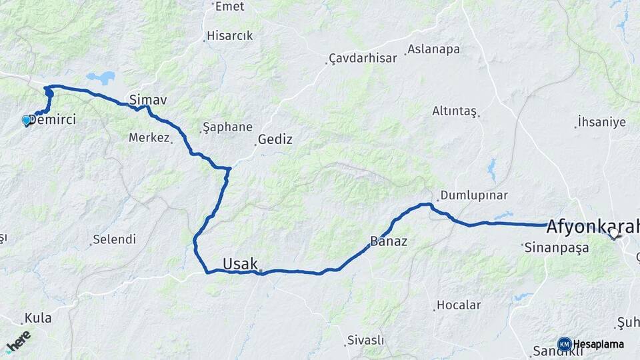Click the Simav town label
[147, 99]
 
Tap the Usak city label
[240, 264]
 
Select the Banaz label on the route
[389, 241]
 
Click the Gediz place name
[275, 139]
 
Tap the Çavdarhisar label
[364, 58]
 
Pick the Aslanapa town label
[434, 49]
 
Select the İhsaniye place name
[601, 122]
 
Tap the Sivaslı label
[365, 340]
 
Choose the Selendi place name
[114, 239]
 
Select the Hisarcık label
[229, 35]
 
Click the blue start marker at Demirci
[27, 120]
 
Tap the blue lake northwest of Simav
[101, 77]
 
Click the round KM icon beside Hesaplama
[564, 344]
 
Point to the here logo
[18, 341]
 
